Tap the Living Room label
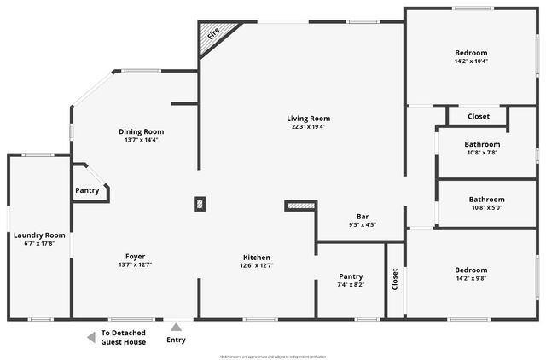(x=308, y=119)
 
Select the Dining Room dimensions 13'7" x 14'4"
(x=141, y=140)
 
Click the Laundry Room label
(x=39, y=235)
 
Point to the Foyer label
(x=135, y=256)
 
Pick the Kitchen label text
(x=257, y=257)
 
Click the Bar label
(x=363, y=216)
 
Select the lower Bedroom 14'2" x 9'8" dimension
(x=471, y=279)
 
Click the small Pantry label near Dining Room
(x=87, y=190)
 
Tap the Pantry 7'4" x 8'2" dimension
(x=351, y=285)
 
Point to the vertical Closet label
(x=395, y=280)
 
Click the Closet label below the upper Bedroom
(x=479, y=116)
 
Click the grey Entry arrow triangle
(x=177, y=326)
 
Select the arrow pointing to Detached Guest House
(x=90, y=338)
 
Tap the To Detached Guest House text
(x=124, y=338)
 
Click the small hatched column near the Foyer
(x=200, y=204)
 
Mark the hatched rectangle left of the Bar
(x=300, y=205)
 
